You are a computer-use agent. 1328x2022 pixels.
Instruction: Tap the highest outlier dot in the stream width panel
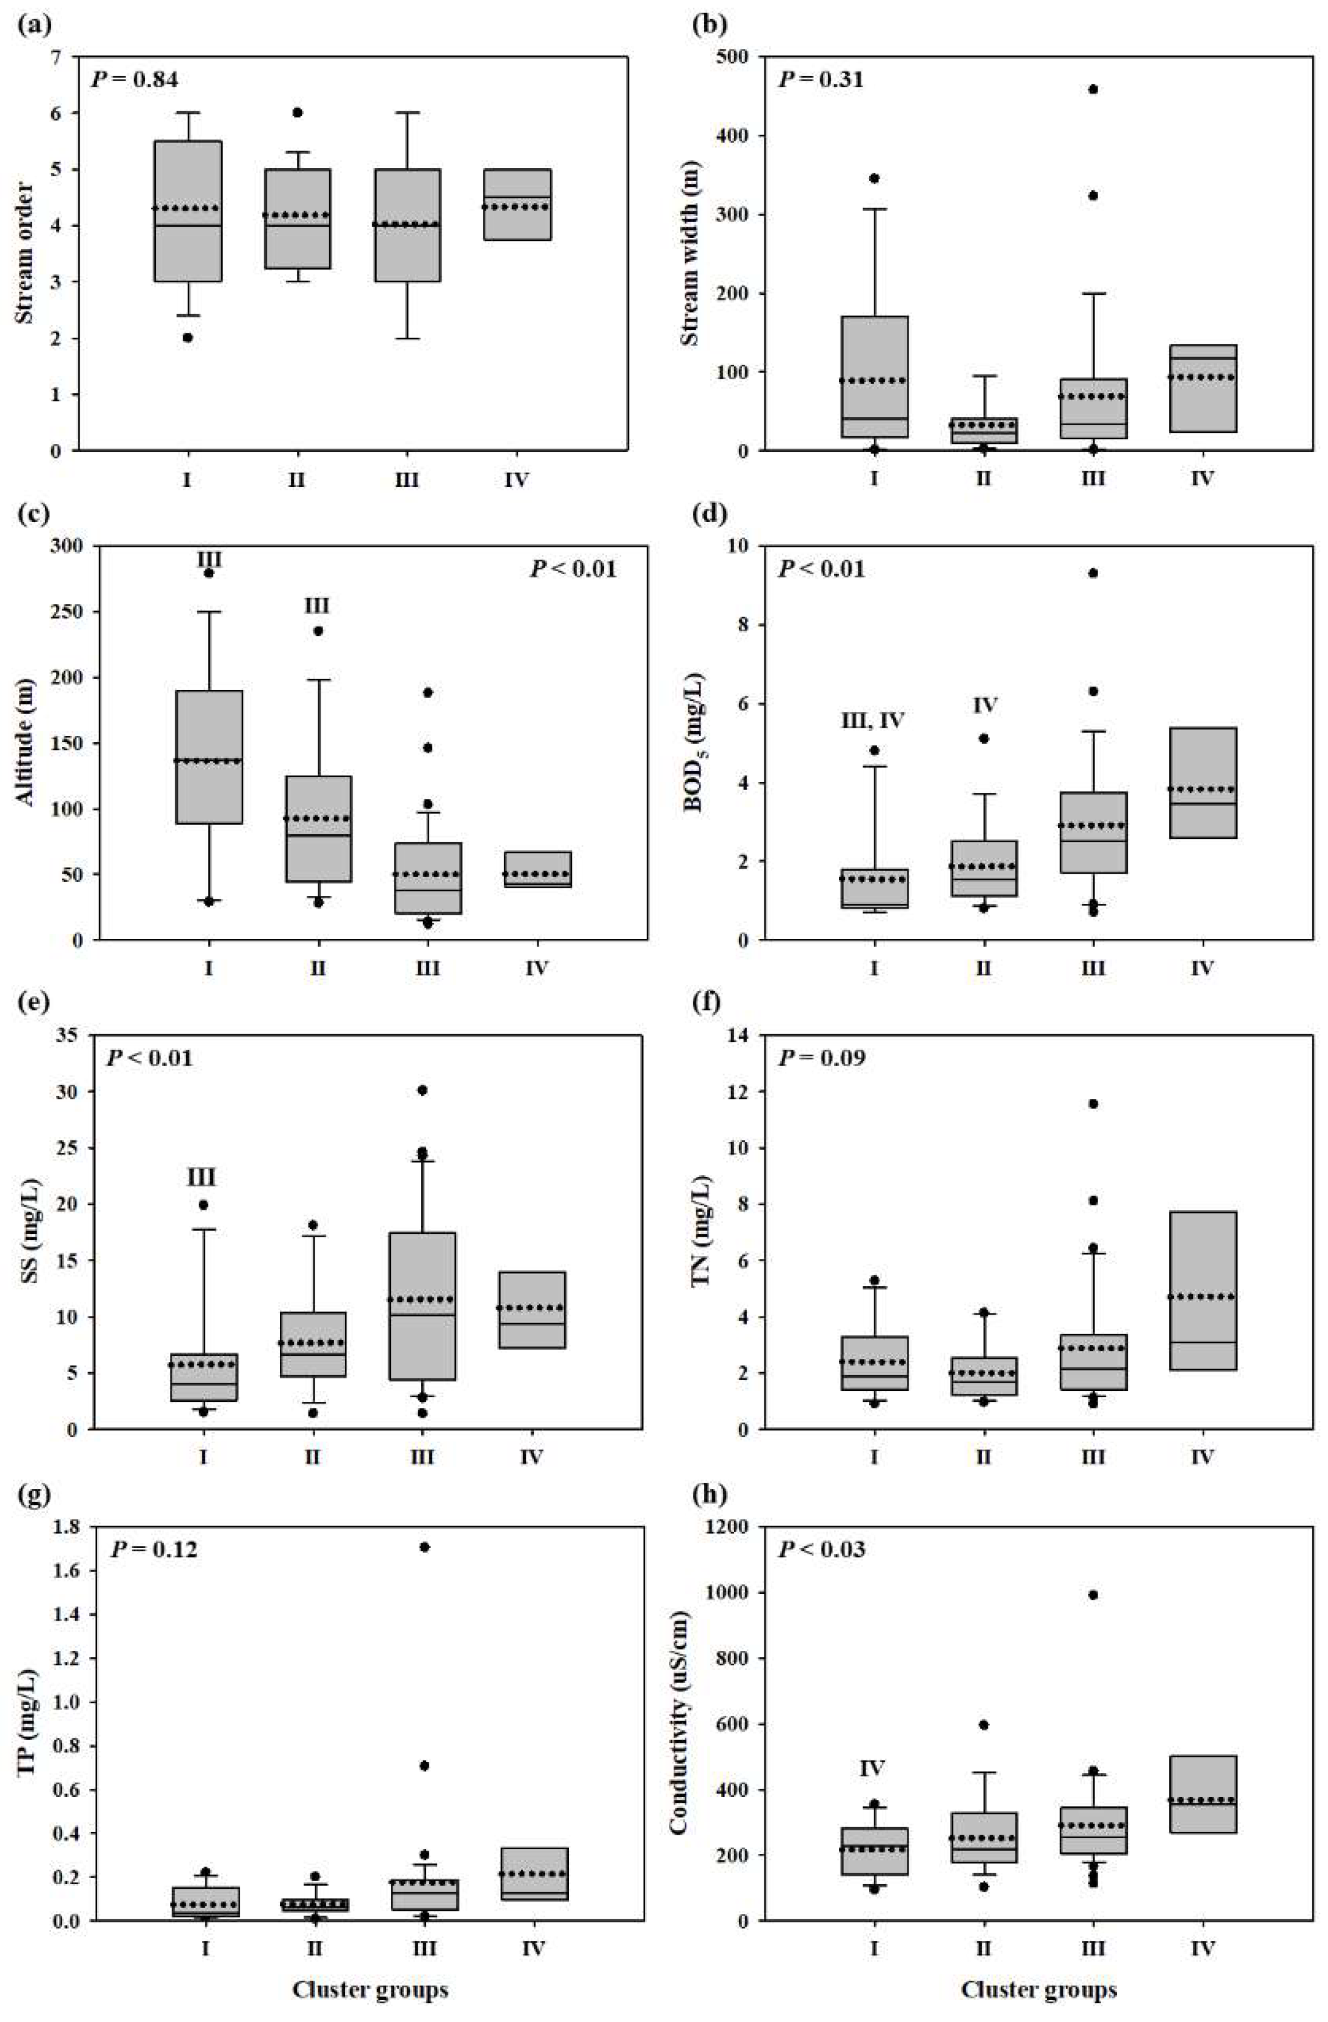(x=1094, y=89)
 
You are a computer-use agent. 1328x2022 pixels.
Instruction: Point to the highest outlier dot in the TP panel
(x=425, y=1547)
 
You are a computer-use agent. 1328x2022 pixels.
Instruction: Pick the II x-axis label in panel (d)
(x=984, y=968)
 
